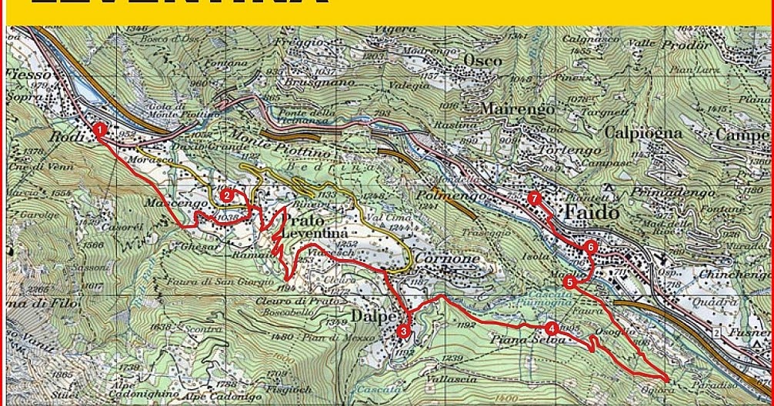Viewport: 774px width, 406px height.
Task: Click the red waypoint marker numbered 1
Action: coord(99,130)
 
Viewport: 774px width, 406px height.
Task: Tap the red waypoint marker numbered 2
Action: coord(227,196)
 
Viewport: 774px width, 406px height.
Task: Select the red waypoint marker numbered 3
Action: coord(404,331)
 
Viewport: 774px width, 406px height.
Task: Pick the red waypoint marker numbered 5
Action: coord(569,282)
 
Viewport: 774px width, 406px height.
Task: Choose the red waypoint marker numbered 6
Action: coord(589,247)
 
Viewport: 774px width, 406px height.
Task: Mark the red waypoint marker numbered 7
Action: coord(535,198)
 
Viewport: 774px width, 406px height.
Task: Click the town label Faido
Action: coord(592,212)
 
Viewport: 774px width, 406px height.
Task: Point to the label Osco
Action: coord(482,61)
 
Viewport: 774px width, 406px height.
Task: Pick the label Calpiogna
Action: coord(643,132)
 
